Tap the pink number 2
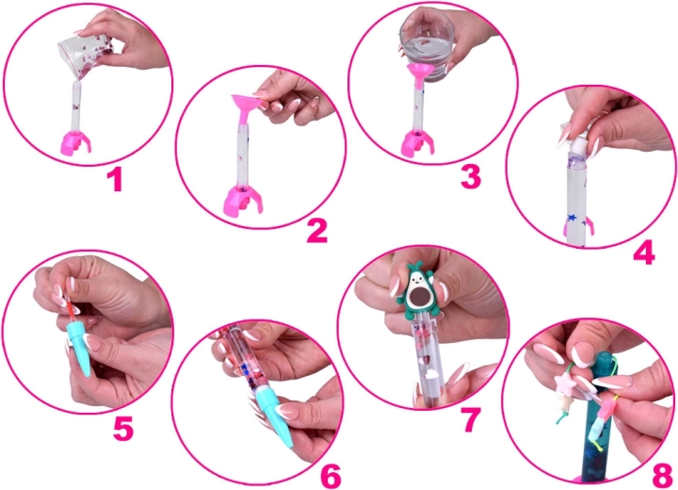coord(317,230)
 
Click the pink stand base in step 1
coord(73,141)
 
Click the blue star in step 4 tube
coord(570,220)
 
